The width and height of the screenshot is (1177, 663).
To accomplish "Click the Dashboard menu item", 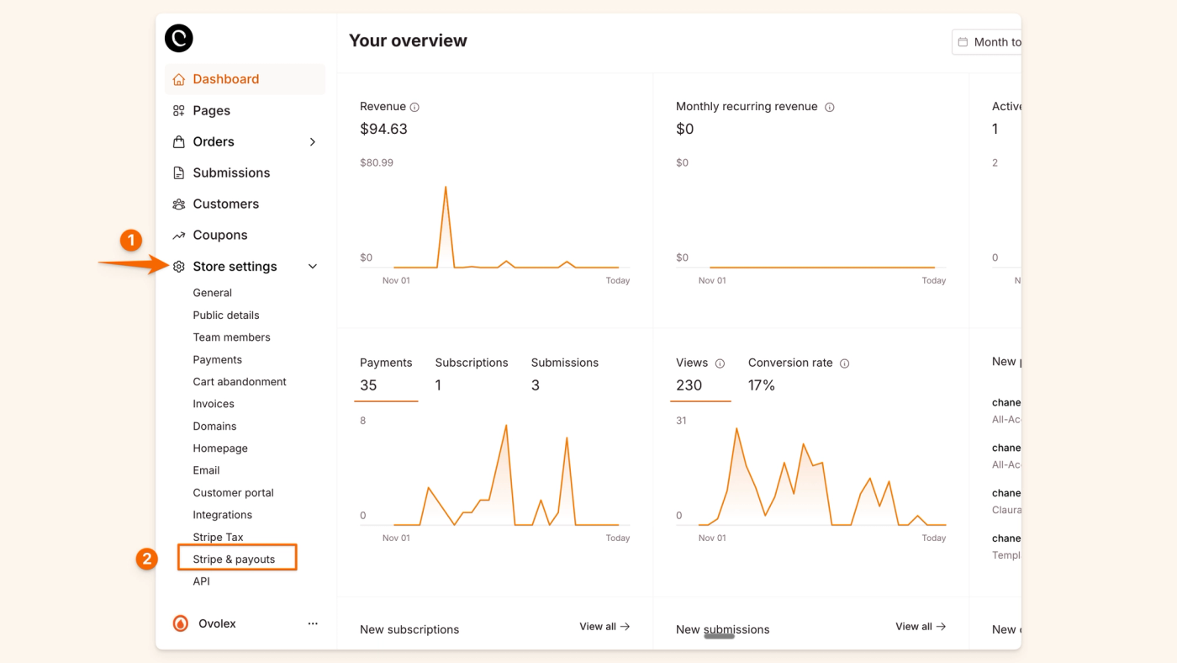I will click(225, 79).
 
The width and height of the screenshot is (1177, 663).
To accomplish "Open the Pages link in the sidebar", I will click(211, 110).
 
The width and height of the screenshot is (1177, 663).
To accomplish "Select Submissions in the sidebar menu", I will click(231, 172).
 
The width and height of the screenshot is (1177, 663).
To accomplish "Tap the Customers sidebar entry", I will click(225, 204).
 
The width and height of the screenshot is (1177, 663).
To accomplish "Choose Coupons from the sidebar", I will click(219, 235).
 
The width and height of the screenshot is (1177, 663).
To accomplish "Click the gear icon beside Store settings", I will click(179, 267).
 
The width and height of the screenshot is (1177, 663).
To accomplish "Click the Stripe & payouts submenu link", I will click(234, 559).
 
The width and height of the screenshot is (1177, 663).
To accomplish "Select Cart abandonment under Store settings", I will click(240, 381).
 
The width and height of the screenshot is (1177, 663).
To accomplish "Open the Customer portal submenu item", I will click(233, 492).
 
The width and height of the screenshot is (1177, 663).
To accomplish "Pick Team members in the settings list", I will click(231, 337).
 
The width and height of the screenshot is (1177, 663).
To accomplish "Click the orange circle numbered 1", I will click(130, 241).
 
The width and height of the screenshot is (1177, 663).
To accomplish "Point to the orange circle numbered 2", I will click(147, 559).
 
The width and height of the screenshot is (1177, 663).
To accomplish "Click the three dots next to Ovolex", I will click(313, 623).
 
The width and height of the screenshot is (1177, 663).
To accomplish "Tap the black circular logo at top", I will click(179, 38).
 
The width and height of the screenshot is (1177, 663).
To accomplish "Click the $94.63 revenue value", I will click(383, 129).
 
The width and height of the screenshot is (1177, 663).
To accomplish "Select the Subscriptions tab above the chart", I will click(472, 363).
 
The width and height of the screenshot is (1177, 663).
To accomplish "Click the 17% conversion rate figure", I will click(762, 385).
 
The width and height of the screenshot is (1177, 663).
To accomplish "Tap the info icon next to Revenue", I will click(414, 107).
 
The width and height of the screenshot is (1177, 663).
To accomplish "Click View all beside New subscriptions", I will click(604, 626).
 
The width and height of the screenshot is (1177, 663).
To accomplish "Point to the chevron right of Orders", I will click(313, 141).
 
